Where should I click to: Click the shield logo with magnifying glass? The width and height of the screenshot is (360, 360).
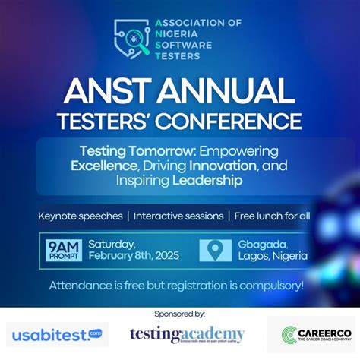tap(132, 39)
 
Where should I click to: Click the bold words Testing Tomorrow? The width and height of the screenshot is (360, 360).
tap(133, 150)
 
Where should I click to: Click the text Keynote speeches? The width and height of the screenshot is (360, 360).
tap(81, 216)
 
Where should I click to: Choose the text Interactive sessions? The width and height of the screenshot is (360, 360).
tap(176, 216)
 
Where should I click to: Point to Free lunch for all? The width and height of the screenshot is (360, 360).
tap(272, 216)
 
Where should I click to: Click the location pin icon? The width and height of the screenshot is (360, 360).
tap(215, 250)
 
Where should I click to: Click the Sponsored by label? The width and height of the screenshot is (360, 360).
tap(179, 313)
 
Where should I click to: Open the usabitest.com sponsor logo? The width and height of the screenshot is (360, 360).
tap(56, 334)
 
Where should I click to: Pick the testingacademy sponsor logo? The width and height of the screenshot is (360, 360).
tap(187, 334)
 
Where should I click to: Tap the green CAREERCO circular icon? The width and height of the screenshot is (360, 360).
tap(289, 335)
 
